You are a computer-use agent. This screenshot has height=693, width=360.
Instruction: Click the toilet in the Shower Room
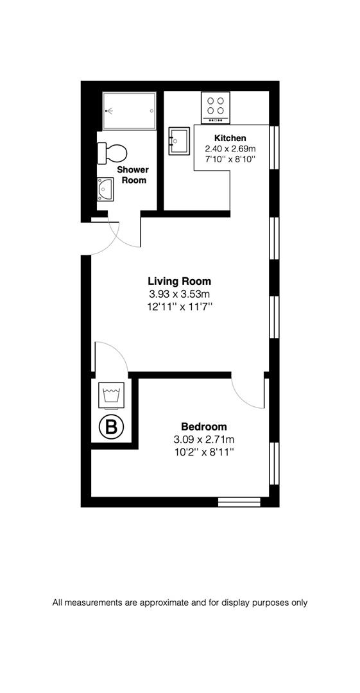(x=114, y=153)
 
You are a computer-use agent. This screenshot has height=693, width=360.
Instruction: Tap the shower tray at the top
(x=130, y=110)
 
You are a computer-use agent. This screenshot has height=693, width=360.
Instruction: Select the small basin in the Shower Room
(x=105, y=190)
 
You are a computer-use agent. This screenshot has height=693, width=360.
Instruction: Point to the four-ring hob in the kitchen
(x=216, y=107)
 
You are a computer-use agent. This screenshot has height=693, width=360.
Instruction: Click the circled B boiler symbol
(x=111, y=427)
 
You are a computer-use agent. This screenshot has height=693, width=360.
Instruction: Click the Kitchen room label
(x=230, y=138)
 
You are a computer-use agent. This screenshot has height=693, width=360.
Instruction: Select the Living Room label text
(x=179, y=281)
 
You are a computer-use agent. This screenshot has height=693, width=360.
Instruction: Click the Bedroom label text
(x=203, y=427)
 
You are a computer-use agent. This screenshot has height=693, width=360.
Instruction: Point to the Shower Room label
(x=132, y=175)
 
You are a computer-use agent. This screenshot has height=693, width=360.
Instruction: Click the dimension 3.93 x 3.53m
(x=179, y=294)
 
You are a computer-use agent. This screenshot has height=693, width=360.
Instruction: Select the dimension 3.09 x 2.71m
(x=203, y=440)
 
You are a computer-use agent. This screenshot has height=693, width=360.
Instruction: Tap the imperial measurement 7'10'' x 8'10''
(x=230, y=158)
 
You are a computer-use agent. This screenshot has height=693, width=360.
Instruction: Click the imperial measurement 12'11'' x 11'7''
(x=179, y=307)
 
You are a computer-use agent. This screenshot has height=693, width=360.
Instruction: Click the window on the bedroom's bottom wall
(x=239, y=501)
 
